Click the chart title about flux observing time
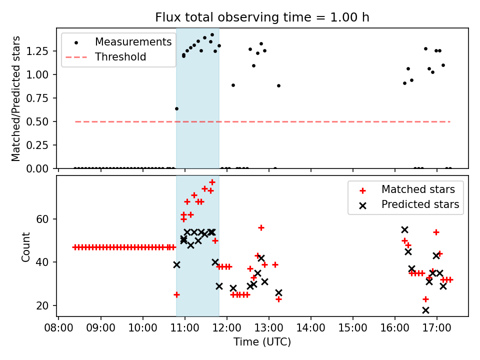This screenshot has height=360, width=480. click(x=262, y=17)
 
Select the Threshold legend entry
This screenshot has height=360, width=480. click(x=120, y=56)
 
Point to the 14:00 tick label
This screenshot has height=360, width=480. click(x=311, y=330)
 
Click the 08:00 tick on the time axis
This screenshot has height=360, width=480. click(x=59, y=330)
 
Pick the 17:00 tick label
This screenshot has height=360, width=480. click(x=437, y=330)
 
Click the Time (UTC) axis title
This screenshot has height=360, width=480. click(x=262, y=342)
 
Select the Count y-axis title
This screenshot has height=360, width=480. click(x=25, y=246)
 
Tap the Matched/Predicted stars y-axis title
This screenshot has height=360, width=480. click(x=16, y=98)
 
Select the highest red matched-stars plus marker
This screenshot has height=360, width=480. click(x=212, y=182)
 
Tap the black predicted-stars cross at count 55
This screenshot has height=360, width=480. click(x=404, y=229)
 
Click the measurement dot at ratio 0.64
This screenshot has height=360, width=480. click(x=176, y=108)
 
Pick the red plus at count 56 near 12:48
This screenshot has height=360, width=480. click(x=261, y=227)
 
